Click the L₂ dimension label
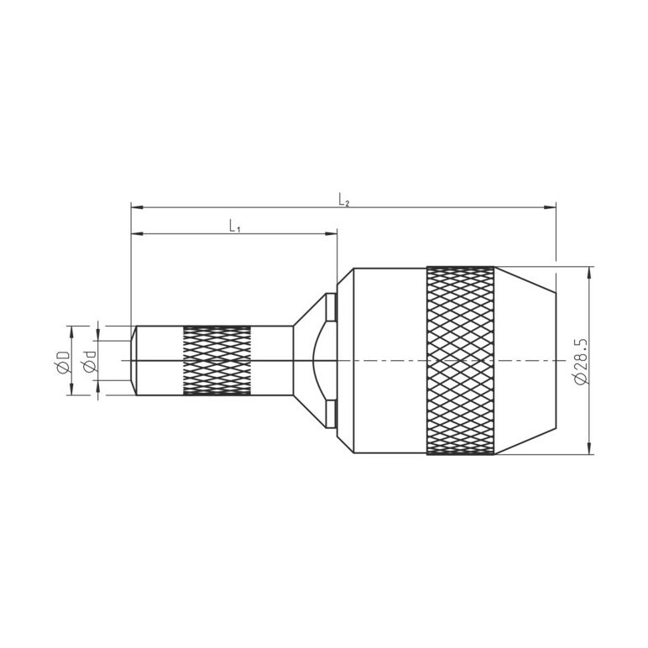pyautogui.click(x=344, y=201)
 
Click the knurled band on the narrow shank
pyautogui.click(x=217, y=361)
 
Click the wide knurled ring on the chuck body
pyautogui.click(x=460, y=361)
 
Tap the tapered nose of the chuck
pyautogui.click(x=525, y=361)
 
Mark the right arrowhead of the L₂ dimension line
pyautogui.click(x=550, y=207)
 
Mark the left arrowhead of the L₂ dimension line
pyautogui.click(x=137, y=207)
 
